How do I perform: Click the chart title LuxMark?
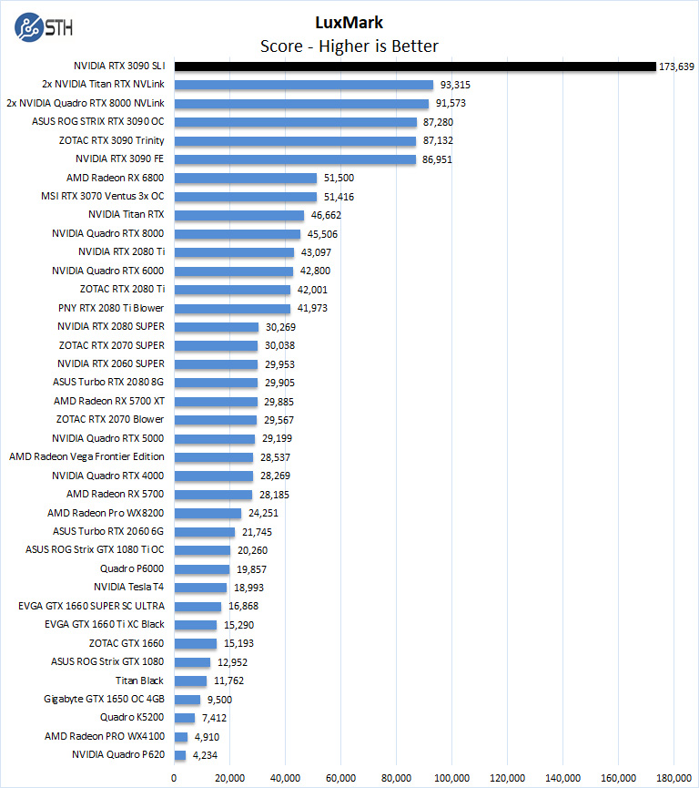[x=349, y=22]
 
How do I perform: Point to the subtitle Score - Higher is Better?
[x=349, y=46]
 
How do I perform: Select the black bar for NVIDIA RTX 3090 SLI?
[x=414, y=67]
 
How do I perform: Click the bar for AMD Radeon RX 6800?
[x=245, y=178]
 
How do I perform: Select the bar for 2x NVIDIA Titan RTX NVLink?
[x=303, y=85]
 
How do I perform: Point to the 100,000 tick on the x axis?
[x=451, y=777]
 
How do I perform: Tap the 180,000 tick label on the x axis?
[x=674, y=777]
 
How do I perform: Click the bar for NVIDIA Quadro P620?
[x=179, y=754]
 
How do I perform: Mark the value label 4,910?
[x=208, y=736]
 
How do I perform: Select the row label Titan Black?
[x=139, y=680]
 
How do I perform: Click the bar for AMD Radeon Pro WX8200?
[x=208, y=513]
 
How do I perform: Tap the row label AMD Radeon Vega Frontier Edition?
[x=86, y=456]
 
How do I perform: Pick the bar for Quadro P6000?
[x=201, y=568]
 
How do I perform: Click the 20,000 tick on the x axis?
[x=229, y=777]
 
